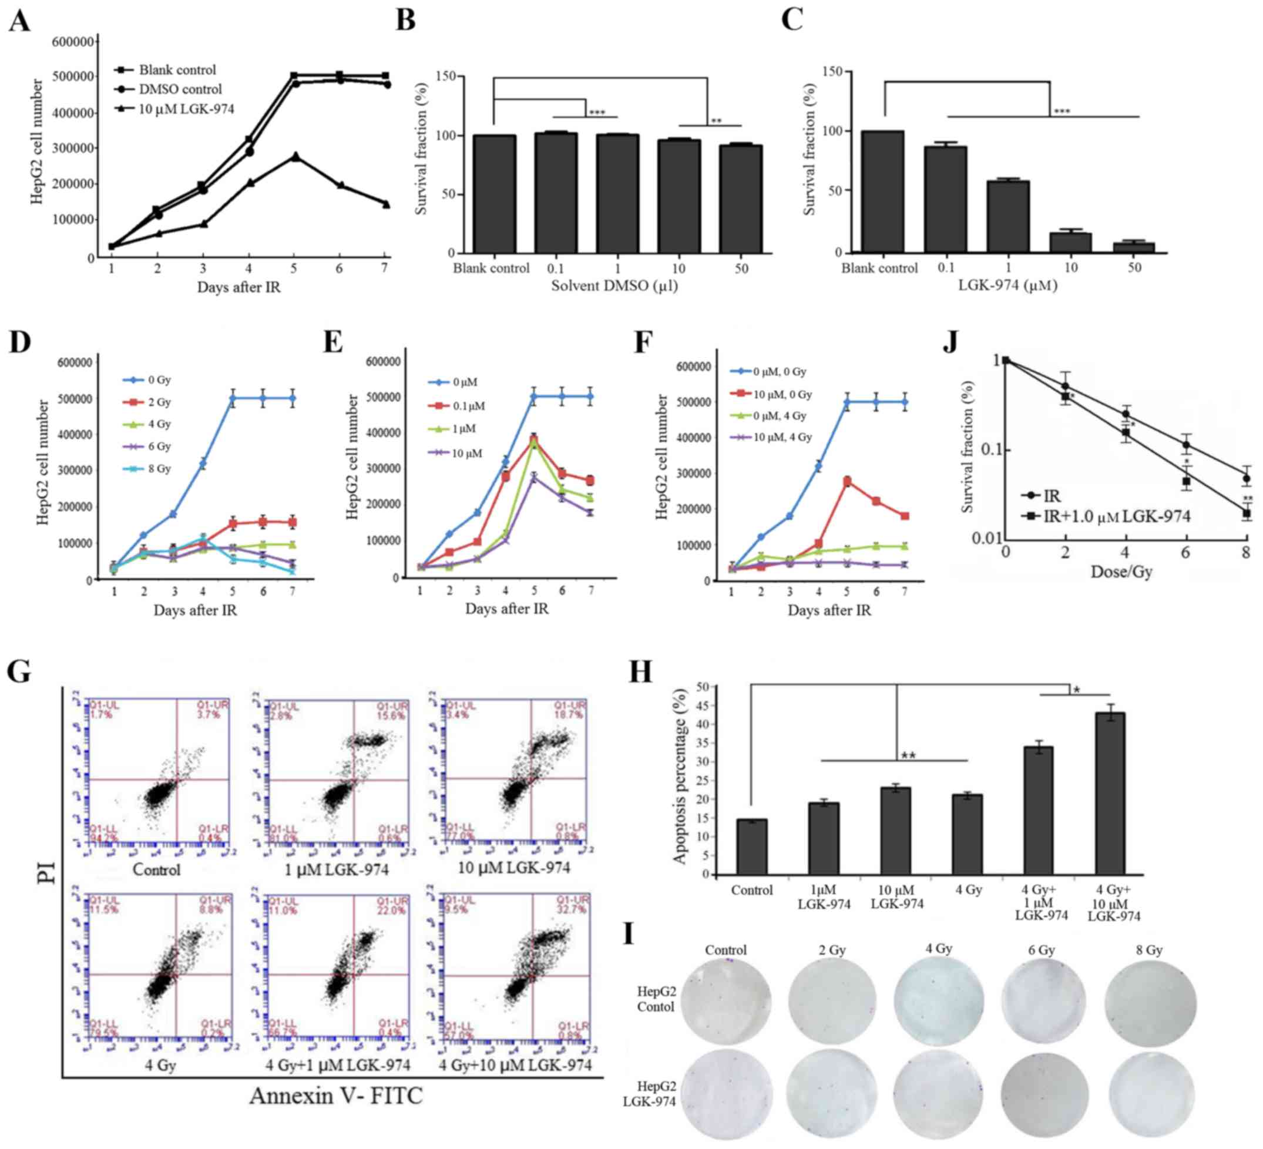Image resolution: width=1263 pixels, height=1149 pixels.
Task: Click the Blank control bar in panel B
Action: click(494, 194)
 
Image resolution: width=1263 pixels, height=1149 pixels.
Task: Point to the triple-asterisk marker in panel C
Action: click(1062, 112)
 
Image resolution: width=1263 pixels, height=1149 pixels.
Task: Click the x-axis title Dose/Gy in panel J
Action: click(1121, 572)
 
